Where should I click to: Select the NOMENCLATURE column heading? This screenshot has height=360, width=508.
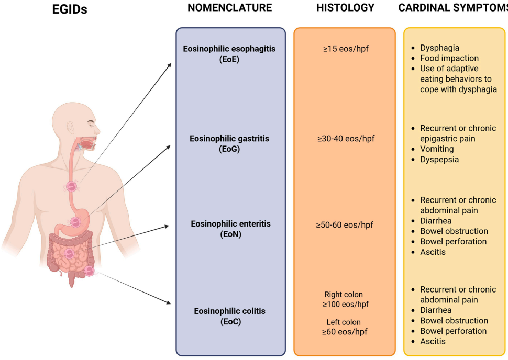(229, 8)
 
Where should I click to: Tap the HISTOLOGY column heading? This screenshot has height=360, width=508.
(345, 8)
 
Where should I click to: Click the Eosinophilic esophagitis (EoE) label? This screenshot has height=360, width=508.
(229, 54)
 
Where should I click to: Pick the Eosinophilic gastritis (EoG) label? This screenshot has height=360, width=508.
(229, 144)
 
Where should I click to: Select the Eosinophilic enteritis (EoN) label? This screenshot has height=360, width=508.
(230, 229)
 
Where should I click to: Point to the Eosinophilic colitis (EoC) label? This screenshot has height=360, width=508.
(229, 317)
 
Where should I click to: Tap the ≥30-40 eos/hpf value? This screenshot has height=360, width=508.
(346, 139)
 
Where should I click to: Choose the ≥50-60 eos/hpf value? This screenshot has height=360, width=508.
(345, 225)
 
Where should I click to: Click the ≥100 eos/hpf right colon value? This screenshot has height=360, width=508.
(344, 305)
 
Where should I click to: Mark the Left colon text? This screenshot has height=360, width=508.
(344, 322)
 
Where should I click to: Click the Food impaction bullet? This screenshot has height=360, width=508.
(449, 58)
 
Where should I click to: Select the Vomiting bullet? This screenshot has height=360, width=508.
(438, 149)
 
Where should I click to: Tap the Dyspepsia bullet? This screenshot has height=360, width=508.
(439, 160)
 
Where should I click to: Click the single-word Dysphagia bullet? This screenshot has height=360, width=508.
(439, 48)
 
